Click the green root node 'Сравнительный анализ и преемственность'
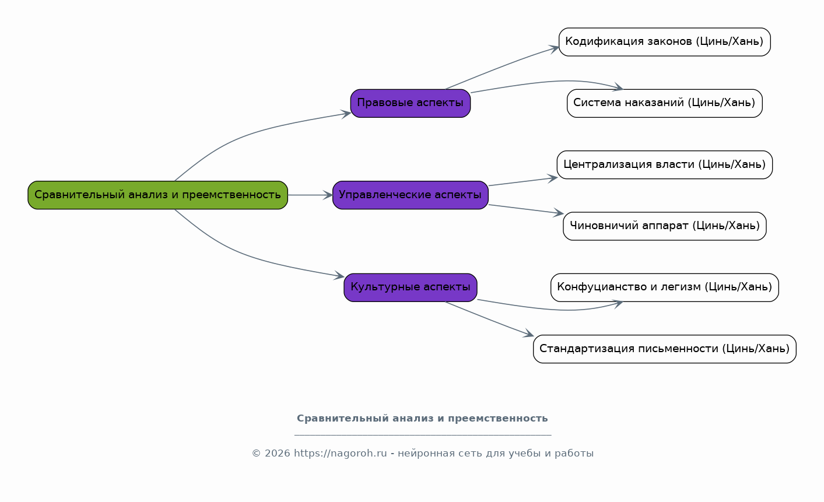point(158,195)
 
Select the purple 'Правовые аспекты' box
point(411,103)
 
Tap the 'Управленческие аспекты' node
point(411,195)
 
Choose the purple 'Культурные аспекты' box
point(411,287)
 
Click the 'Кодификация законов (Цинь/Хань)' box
point(665,42)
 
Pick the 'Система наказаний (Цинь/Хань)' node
point(665,103)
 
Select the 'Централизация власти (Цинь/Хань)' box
point(665,165)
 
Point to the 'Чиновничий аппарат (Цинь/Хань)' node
point(665,226)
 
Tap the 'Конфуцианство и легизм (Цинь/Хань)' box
point(665,287)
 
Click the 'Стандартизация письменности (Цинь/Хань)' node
point(665,349)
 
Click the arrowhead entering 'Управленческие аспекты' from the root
point(328,195)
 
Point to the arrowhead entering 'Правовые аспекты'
point(346,114)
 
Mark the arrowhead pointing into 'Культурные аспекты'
point(339,275)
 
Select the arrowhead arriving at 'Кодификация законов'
point(554,49)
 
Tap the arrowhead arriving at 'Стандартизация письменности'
point(528,334)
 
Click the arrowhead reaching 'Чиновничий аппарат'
point(559,213)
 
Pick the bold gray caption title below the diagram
point(422,419)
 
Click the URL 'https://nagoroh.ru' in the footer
point(340,454)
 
